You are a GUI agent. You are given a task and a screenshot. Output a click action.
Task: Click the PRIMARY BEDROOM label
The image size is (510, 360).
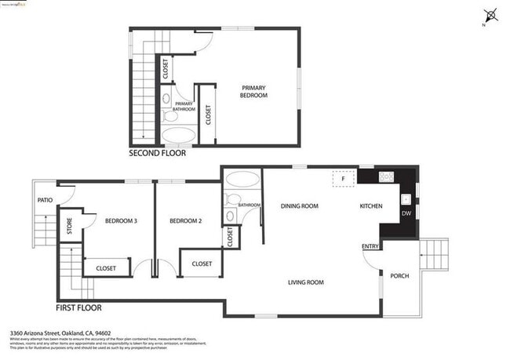[x=253, y=91]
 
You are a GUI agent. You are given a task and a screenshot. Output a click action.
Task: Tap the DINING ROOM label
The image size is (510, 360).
[x=299, y=206]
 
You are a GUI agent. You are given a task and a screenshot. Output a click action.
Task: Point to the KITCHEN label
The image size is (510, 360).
[x=370, y=206]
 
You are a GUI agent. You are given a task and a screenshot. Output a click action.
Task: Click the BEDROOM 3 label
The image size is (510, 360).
[x=121, y=221]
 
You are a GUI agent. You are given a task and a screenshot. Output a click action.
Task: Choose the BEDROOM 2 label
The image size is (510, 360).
[x=186, y=221]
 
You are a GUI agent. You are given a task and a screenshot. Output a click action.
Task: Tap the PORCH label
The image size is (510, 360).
[x=399, y=275]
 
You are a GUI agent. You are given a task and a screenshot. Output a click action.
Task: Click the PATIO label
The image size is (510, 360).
[x=45, y=200]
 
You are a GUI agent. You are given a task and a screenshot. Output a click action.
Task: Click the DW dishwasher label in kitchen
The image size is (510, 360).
[x=406, y=213]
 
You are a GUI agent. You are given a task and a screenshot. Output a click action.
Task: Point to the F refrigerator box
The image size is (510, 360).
[x=343, y=178]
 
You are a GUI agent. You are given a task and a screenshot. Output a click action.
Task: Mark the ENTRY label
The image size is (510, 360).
[x=370, y=247]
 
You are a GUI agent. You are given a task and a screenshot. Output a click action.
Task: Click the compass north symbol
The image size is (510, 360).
[x=492, y=14]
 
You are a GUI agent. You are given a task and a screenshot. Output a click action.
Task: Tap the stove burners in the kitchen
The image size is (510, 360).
[x=386, y=176]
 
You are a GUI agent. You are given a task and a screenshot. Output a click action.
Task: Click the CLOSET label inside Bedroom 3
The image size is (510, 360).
[x=106, y=268]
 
